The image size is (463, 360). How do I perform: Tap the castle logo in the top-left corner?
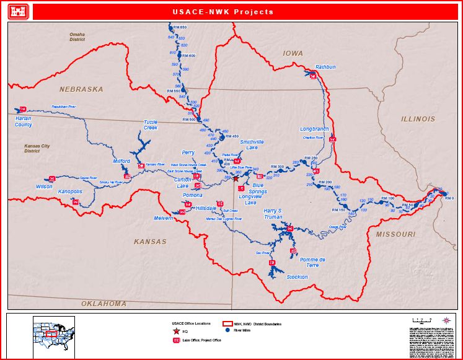pyautogui.click(x=18, y=12)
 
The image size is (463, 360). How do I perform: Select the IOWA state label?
pyautogui.click(x=293, y=54)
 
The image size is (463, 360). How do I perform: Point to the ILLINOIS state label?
pyautogui.click(x=418, y=119)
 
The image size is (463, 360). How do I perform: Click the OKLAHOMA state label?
pyautogui.click(x=104, y=304)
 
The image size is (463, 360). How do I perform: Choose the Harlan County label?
pyautogui.click(x=24, y=121)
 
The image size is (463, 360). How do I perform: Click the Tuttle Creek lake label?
pyautogui.click(x=151, y=125)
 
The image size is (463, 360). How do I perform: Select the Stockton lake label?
pyautogui.click(x=297, y=277)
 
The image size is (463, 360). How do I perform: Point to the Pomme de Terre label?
pyautogui.click(x=309, y=261)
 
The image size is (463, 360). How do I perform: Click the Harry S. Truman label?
pyautogui.click(x=273, y=214)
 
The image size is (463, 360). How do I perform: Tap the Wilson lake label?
pyautogui.click(x=44, y=186)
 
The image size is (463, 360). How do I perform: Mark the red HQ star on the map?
pyautogui.click(x=235, y=178)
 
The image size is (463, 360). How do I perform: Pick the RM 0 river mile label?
pyautogui.click(x=449, y=198)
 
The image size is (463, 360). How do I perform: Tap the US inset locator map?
pyautogui.click(x=53, y=335)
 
